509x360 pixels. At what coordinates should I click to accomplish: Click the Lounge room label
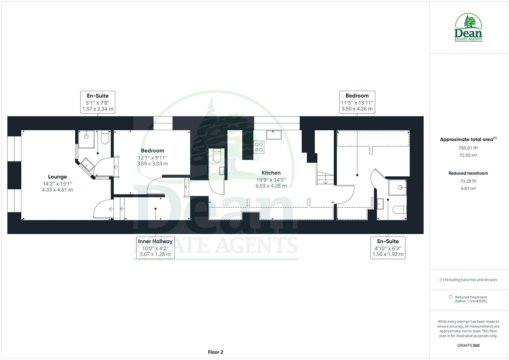[x=57, y=177]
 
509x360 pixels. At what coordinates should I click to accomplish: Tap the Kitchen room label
[x=271, y=173]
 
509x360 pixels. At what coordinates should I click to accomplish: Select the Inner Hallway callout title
[x=155, y=241]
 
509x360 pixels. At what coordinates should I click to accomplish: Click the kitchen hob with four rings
[x=259, y=147]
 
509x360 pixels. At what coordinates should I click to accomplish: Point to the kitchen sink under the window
[x=273, y=135]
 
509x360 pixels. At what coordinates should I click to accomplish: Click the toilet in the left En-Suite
[x=105, y=137]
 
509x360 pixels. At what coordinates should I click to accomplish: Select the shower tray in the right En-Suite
[x=397, y=187]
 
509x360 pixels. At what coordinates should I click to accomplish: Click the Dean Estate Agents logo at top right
[x=468, y=28]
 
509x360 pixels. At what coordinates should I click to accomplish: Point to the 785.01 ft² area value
[x=468, y=148]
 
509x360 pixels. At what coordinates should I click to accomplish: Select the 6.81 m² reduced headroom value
[x=468, y=188]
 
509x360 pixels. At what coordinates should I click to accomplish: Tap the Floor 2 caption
[x=215, y=352]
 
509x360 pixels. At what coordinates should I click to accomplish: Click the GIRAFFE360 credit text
[x=468, y=345]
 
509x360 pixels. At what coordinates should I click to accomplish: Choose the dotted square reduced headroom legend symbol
[x=451, y=297]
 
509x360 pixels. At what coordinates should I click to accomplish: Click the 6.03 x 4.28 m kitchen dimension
[x=271, y=186]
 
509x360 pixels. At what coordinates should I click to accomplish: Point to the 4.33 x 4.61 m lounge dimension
[x=57, y=190]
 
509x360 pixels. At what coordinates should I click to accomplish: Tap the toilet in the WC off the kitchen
[x=216, y=155]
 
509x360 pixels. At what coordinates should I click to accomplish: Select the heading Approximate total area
[x=466, y=140]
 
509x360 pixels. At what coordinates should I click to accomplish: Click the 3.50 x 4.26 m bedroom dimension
[x=357, y=109]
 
